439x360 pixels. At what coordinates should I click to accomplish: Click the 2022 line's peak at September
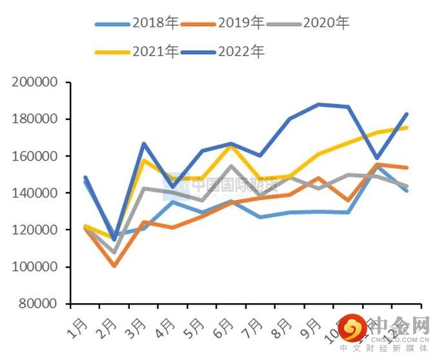click(x=318, y=104)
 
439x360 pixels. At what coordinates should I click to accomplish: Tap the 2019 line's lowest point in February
click(x=114, y=265)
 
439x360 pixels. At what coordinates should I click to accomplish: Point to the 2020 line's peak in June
click(x=231, y=166)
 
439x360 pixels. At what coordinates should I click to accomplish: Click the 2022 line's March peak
click(x=143, y=143)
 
